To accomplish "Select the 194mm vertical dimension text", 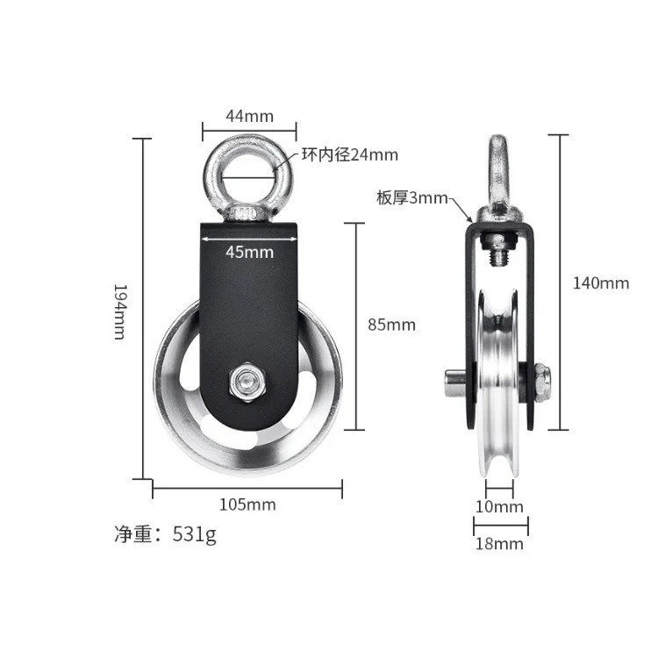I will pos(119,311).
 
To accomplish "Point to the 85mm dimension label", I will pos(390,325).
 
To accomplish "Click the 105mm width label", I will pos(248,504).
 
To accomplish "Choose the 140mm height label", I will pos(601,283).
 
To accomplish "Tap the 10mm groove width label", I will pos(500,506).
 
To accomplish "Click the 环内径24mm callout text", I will pos(349,155).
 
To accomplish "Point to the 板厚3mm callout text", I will pos(412,198).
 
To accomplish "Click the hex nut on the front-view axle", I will pos(245,382).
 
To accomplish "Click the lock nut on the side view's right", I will pos(541,383).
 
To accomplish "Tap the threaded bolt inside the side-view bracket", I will pos(501,256).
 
